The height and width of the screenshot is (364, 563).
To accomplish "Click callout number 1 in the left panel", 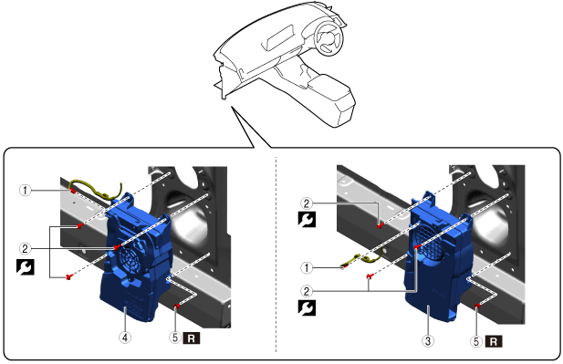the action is click(x=25, y=191).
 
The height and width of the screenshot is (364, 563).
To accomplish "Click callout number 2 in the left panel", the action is click(x=25, y=249).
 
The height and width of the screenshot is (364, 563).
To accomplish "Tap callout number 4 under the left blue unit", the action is click(x=125, y=338).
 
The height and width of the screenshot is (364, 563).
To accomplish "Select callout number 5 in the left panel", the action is click(x=175, y=338).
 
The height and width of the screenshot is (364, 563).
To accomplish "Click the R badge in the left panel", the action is click(x=192, y=338).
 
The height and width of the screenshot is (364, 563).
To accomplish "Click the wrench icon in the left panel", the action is click(x=26, y=267).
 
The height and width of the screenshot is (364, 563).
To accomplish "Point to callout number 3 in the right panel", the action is click(x=428, y=340).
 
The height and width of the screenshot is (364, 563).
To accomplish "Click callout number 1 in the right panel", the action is click(x=307, y=268).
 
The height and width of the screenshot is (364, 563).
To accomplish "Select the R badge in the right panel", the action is click(x=494, y=341).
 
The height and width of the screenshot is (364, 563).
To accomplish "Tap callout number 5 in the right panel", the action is click(x=476, y=341).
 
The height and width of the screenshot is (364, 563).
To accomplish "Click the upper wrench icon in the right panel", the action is click(x=307, y=219).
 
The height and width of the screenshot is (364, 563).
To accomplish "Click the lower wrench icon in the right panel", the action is click(x=307, y=307).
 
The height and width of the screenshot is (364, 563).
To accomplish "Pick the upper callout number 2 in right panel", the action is click(x=307, y=203).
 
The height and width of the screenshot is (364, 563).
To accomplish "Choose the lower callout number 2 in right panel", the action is click(x=307, y=291).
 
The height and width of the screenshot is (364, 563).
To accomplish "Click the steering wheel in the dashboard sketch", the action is click(x=328, y=37).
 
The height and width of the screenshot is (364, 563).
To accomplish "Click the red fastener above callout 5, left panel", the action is click(x=177, y=306).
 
